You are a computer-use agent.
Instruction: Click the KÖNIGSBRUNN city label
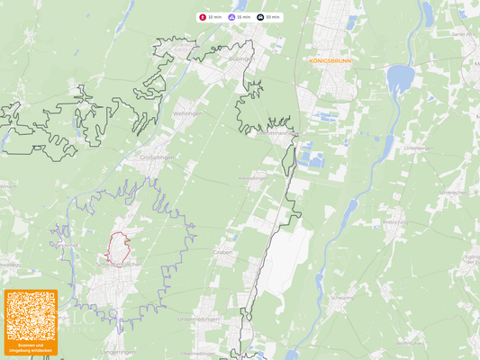[x=330, y=60]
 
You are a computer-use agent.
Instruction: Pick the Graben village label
[x=222, y=252]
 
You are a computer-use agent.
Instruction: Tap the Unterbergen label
[x=420, y=148]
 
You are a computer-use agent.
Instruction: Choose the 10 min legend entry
[x=211, y=17]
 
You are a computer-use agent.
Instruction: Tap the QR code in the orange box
[x=31, y=315]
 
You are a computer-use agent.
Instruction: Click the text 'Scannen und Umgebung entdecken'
[x=31, y=346]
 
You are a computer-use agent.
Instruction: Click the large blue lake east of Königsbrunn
[x=399, y=82]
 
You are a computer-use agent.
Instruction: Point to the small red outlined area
[x=118, y=247]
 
